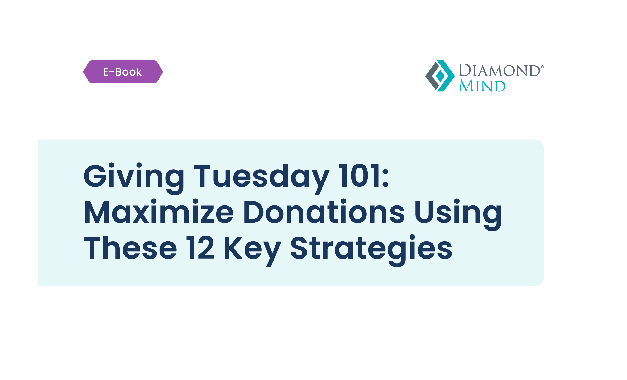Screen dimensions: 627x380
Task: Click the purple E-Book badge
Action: coord(123,72)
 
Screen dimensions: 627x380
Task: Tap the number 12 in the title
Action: coord(200,247)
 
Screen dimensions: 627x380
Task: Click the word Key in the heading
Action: coord(253,251)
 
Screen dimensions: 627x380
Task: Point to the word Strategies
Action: coord(371,250)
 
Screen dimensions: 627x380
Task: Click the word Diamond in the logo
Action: coord(500,70)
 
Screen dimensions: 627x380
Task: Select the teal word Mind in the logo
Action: coord(482,86)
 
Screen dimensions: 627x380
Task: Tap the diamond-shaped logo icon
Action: coord(440,76)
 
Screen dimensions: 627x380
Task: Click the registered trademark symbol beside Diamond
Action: coord(542,67)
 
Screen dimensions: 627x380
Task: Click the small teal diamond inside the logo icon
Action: coord(440,76)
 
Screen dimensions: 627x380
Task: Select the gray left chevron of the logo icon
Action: coord(432,76)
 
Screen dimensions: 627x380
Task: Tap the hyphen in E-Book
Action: coord(112,72)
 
